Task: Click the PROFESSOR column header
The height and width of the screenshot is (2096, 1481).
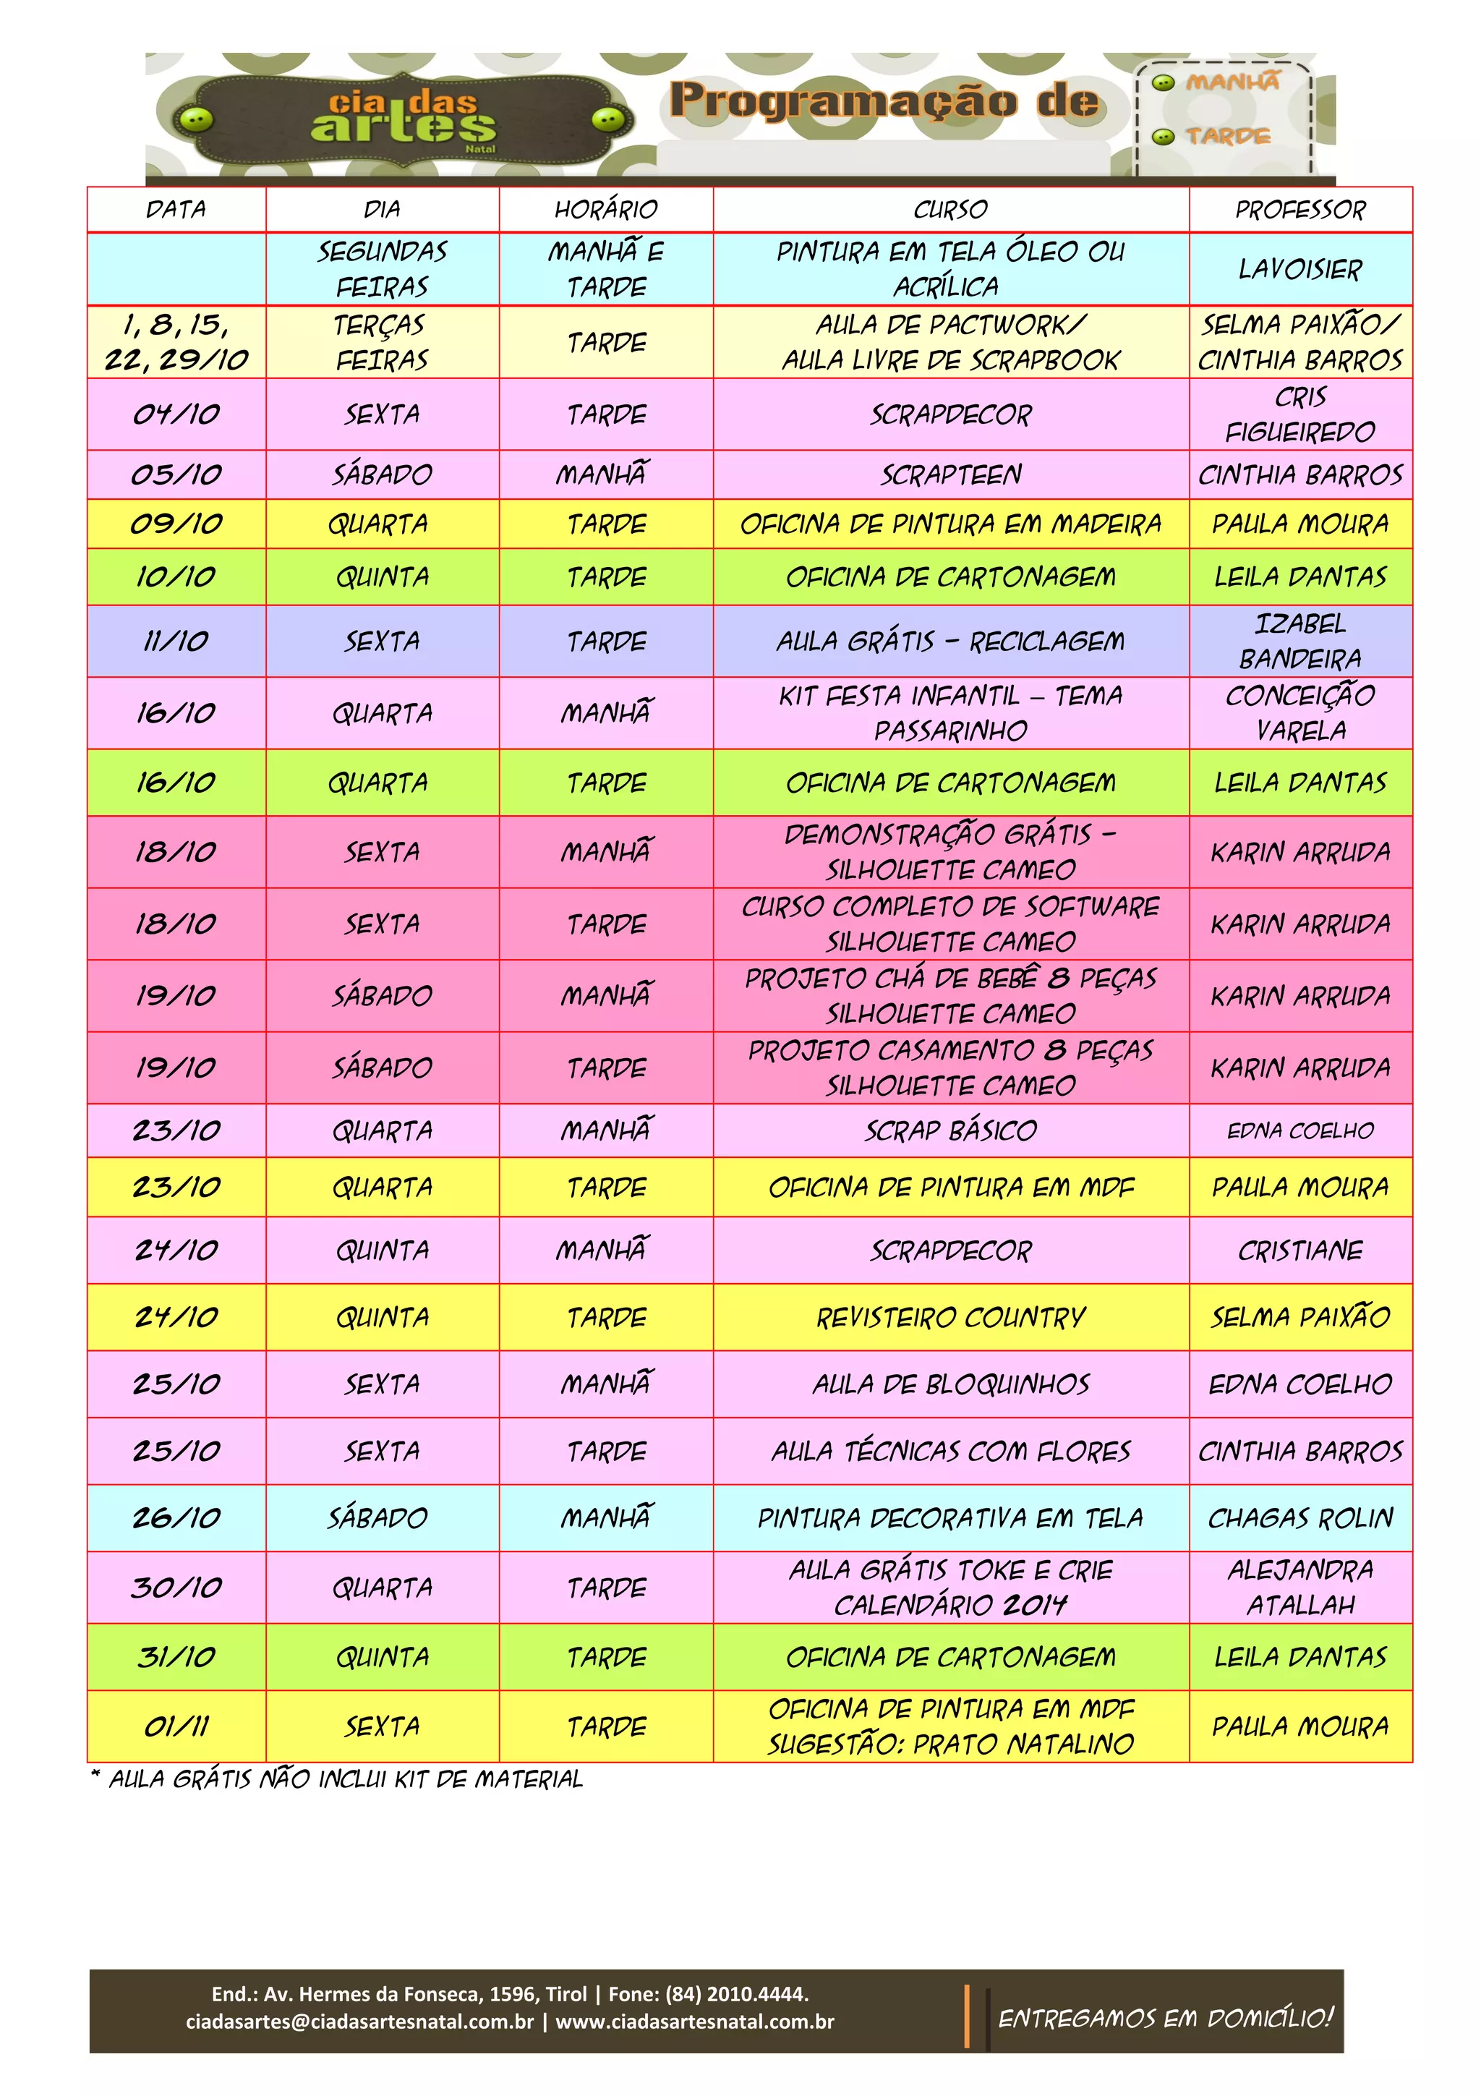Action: tap(1299, 210)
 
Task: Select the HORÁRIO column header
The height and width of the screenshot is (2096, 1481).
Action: tap(606, 210)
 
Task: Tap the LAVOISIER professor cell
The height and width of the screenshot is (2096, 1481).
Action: tap(1299, 269)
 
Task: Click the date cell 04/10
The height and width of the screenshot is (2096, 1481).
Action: tap(176, 414)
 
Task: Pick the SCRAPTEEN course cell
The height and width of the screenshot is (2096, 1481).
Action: tap(950, 474)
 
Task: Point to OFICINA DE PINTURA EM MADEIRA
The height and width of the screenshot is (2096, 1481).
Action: tap(950, 524)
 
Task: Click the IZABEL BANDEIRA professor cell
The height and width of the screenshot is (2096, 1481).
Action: tap(1299, 641)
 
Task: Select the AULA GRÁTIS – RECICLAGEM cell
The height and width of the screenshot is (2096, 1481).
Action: tap(950, 642)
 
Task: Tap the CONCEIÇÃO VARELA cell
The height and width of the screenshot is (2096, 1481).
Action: tap(1299, 713)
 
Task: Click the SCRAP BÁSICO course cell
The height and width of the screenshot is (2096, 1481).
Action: tap(950, 1131)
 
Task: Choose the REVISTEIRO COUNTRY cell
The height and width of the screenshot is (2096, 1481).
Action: tap(950, 1317)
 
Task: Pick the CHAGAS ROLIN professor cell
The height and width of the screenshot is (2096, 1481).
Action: tap(1299, 1518)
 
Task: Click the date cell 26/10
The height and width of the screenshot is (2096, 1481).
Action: tap(176, 1518)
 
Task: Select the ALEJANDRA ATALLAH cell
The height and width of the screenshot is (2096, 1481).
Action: tap(1299, 1588)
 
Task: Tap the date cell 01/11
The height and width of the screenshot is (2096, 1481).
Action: tap(176, 1726)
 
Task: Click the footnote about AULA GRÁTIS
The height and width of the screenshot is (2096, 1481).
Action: tap(338, 1779)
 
